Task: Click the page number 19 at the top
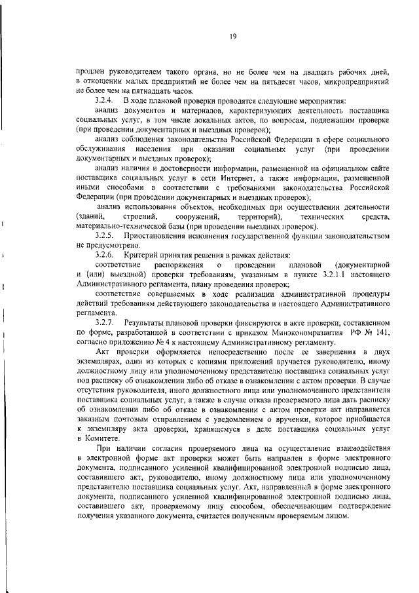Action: click(x=232, y=37)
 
